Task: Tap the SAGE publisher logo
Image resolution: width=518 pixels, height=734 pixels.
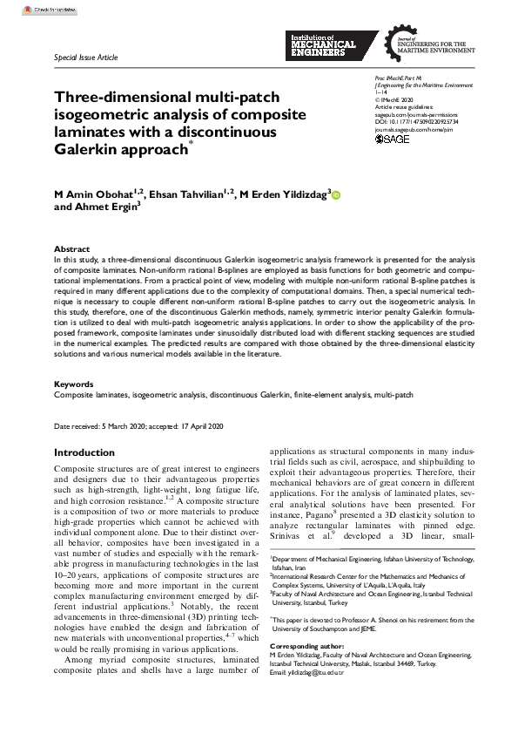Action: [x=392, y=139]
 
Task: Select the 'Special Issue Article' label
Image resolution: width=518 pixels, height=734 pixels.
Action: [x=84, y=57]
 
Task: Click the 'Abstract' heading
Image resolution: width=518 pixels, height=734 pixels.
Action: [x=71, y=248]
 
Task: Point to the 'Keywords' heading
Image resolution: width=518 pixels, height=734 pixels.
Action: [x=74, y=384]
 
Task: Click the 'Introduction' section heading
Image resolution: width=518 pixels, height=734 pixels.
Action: [x=84, y=453]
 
